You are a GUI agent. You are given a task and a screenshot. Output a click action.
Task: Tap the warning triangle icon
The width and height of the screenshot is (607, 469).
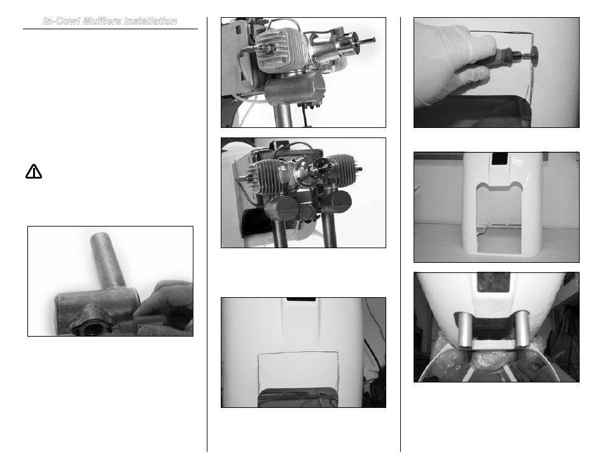click(x=34, y=172)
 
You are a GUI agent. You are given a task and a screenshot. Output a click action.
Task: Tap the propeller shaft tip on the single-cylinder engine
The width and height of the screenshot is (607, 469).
click(x=368, y=40)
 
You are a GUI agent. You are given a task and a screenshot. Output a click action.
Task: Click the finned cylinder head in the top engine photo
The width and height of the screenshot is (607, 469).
click(x=277, y=51)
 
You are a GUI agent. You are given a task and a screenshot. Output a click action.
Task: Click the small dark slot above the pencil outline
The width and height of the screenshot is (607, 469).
click(x=301, y=299)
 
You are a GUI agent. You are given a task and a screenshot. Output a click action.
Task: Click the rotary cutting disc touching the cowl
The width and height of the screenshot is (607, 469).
click(x=534, y=55)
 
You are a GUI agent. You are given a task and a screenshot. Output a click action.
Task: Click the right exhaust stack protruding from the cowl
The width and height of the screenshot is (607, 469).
click(x=522, y=329)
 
